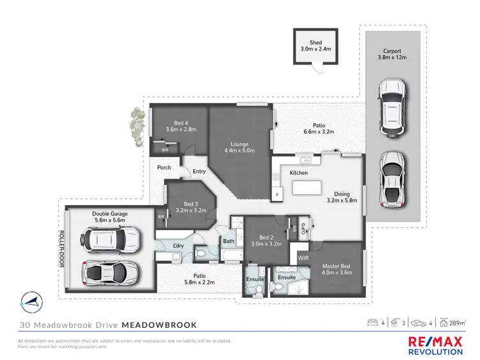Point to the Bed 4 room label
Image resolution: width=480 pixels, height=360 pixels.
point(180,126)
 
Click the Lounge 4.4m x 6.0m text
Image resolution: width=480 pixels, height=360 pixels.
point(240,147)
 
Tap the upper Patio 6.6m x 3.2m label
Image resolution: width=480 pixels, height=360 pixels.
point(318,129)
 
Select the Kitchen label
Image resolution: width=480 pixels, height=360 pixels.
point(300,173)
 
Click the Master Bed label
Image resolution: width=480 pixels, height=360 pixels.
point(337,272)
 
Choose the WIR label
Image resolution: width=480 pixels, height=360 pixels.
point(304,257)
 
